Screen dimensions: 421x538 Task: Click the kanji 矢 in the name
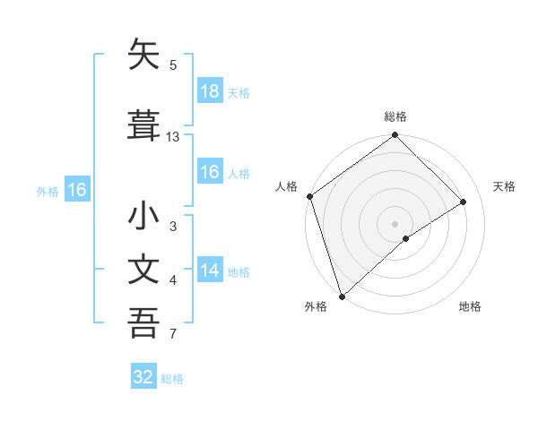[143, 56]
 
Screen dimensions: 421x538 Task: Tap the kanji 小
[143, 218]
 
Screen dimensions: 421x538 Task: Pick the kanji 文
[143, 270]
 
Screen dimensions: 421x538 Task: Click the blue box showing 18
[209, 91]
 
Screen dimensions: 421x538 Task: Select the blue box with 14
[209, 271]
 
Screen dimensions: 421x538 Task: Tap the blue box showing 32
[143, 377]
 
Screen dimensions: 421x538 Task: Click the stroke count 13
[173, 137]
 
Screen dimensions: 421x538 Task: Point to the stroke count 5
[173, 64]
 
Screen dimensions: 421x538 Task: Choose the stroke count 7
[173, 335]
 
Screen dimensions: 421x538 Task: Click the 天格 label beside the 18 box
[239, 92]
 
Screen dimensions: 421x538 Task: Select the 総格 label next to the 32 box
[172, 378]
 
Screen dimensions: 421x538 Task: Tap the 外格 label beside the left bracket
[48, 191]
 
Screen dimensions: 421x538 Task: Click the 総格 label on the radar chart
[395, 116]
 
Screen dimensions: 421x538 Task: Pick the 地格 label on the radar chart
[470, 306]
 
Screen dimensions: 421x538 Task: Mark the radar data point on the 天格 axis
[464, 202]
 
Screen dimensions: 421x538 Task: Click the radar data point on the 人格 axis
[309, 196]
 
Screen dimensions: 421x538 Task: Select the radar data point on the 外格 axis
[341, 296]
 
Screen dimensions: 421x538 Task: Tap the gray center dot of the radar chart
[395, 223]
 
